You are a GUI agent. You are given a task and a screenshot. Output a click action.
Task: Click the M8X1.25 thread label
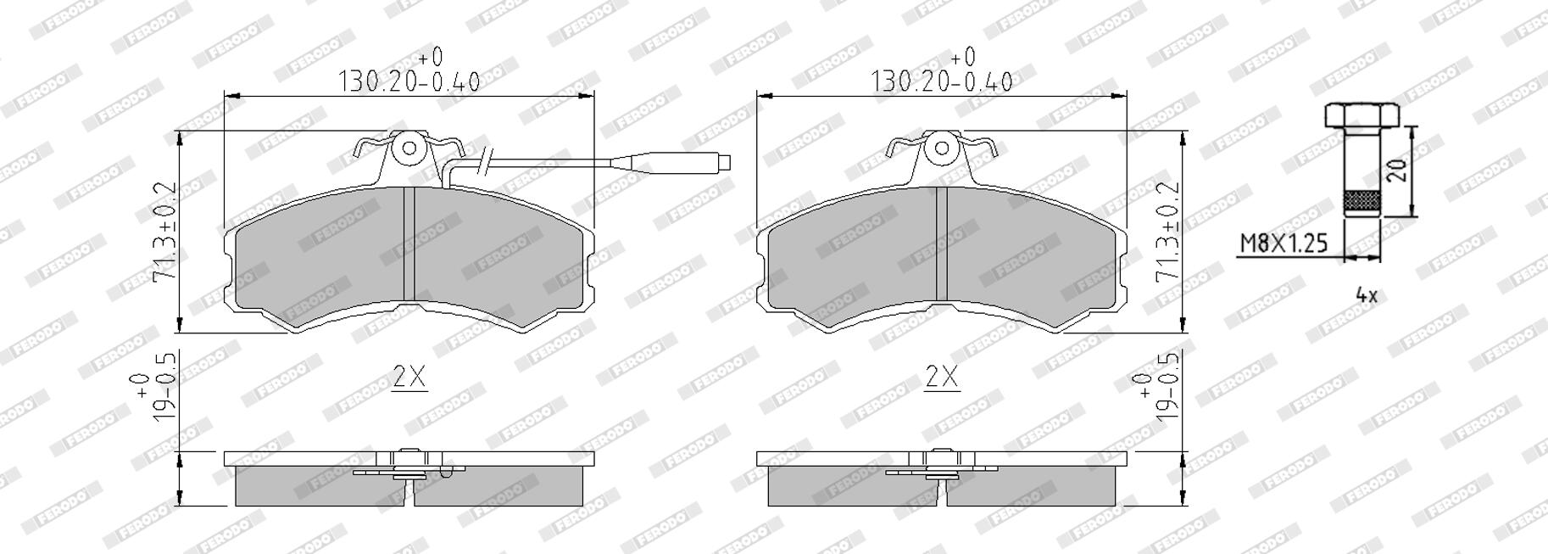coord(1284,243)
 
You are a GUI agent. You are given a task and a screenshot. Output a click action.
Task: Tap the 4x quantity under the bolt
coord(1367,295)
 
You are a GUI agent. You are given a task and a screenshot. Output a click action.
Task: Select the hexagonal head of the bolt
coord(1362,115)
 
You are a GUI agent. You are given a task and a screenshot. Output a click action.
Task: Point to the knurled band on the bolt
coord(1362,202)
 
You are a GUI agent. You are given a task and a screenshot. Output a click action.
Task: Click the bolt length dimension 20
coord(1400,170)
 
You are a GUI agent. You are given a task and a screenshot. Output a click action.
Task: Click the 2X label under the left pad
coord(409,376)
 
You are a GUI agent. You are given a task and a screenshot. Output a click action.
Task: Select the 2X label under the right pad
coord(942,376)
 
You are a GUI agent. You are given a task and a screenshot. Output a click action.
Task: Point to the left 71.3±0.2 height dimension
coord(164,232)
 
